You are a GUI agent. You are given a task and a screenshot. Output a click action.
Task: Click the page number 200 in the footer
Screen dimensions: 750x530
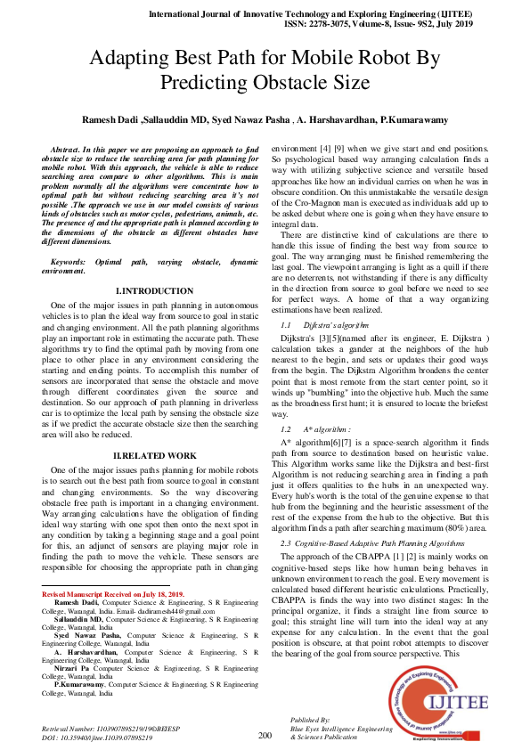click(265, 735)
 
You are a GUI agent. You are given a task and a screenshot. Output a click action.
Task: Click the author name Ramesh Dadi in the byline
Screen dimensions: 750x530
click(111, 119)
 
